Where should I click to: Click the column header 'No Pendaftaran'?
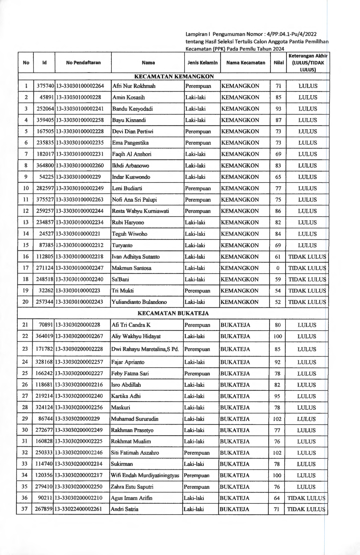[83, 63]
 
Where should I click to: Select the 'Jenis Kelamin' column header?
[202, 63]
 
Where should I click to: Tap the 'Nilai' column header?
[278, 63]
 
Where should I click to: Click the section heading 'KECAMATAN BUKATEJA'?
[173, 313]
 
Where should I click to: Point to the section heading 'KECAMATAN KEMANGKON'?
[174, 77]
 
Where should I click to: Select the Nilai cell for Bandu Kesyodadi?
[278, 109]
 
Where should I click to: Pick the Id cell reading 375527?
[45, 200]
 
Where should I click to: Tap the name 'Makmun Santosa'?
[132, 268]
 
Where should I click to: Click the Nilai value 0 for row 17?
[278, 268]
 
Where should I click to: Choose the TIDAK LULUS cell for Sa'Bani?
[307, 279]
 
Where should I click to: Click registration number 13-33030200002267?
[79, 336]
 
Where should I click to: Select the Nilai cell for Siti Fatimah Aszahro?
[277, 453]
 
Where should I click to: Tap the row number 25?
[25, 373]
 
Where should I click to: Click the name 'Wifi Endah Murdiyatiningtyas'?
[145, 476]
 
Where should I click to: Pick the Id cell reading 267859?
[44, 509]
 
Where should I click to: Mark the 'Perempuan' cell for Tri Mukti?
[197, 291]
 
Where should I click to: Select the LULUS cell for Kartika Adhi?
[306, 396]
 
